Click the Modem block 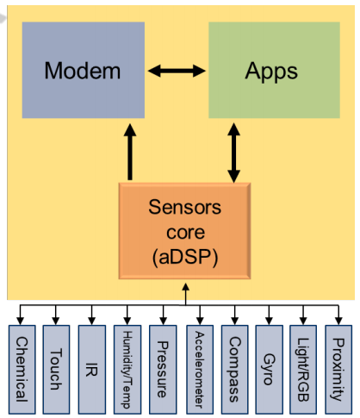83,70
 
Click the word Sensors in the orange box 184,208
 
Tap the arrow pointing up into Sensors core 184,296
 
